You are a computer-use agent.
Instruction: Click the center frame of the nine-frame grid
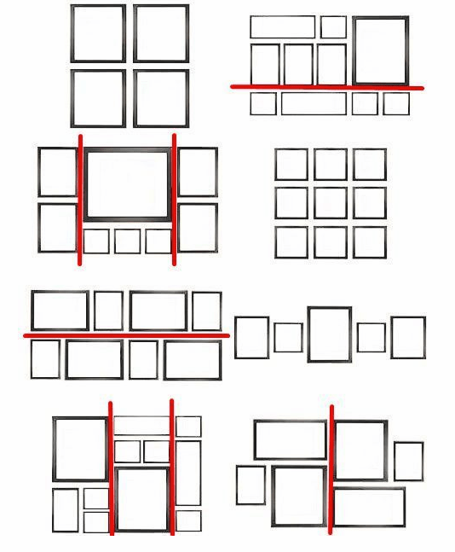click(x=330, y=203)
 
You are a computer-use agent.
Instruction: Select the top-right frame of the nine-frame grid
click(x=370, y=164)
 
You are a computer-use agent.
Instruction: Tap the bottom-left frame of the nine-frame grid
click(x=291, y=242)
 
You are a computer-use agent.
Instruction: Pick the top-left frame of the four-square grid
click(x=98, y=34)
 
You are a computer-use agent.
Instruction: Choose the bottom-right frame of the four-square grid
click(x=161, y=98)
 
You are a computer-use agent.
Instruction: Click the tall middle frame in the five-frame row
click(x=329, y=334)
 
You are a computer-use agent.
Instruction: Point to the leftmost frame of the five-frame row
click(x=251, y=337)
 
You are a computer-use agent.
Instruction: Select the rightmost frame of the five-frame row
click(x=408, y=337)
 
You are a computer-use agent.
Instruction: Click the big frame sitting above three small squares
click(x=128, y=184)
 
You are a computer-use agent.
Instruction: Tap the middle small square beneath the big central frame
click(x=128, y=241)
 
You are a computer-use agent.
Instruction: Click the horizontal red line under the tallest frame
click(x=326, y=87)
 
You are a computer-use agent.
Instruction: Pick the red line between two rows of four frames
click(x=126, y=335)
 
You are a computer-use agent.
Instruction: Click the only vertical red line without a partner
click(x=331, y=469)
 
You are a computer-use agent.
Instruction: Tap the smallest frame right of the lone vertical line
click(x=408, y=461)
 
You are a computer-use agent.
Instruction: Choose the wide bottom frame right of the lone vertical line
click(x=368, y=507)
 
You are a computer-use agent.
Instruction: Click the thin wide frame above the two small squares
click(x=142, y=425)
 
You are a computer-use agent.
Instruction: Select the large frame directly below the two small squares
click(x=142, y=499)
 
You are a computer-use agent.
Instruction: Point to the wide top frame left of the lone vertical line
click(x=290, y=439)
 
